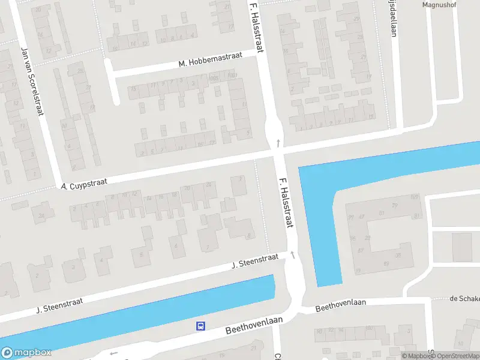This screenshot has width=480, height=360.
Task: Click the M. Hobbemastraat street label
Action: coord(210,59)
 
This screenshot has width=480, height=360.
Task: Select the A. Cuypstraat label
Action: coord(84,184)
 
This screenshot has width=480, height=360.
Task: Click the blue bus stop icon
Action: coord(200,326)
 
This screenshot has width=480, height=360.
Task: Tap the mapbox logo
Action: coord(26,352)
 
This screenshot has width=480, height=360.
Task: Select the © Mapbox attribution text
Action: coord(415,356)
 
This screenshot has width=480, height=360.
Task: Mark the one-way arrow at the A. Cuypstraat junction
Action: coord(278,143)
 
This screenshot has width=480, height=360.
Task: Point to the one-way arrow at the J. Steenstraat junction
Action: coord(293,254)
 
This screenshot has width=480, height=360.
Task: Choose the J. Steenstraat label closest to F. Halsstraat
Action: coord(255,262)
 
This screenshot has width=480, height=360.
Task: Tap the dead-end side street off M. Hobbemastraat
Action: coord(111,81)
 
